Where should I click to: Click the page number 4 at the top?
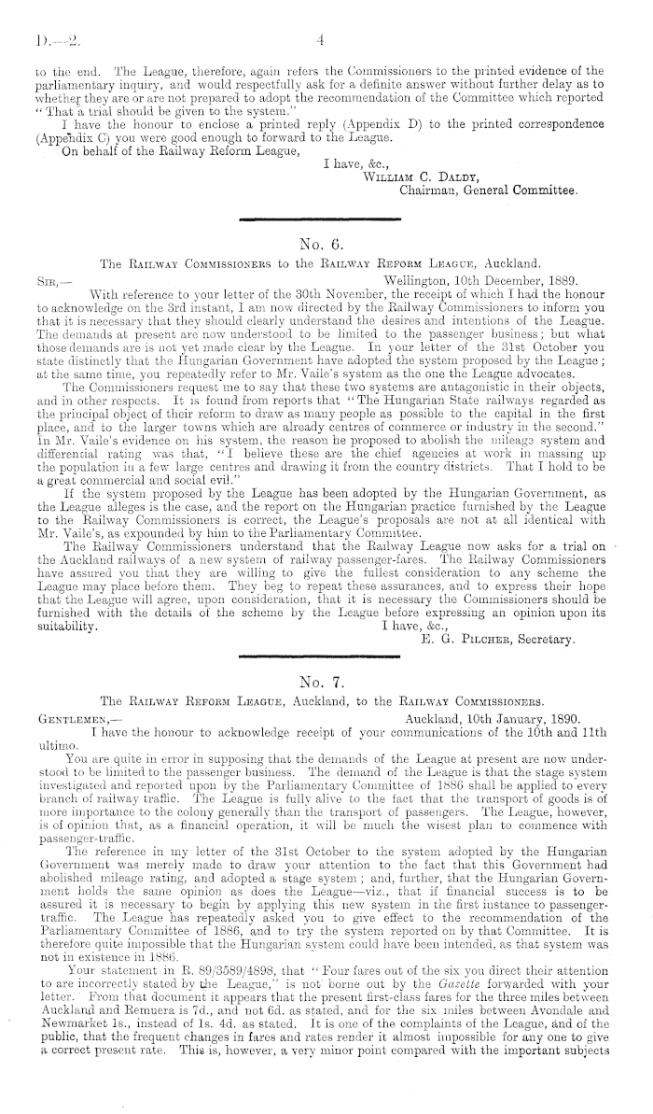(x=320, y=40)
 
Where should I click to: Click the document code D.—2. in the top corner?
(x=45, y=41)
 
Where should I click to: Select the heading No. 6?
(x=319, y=246)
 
